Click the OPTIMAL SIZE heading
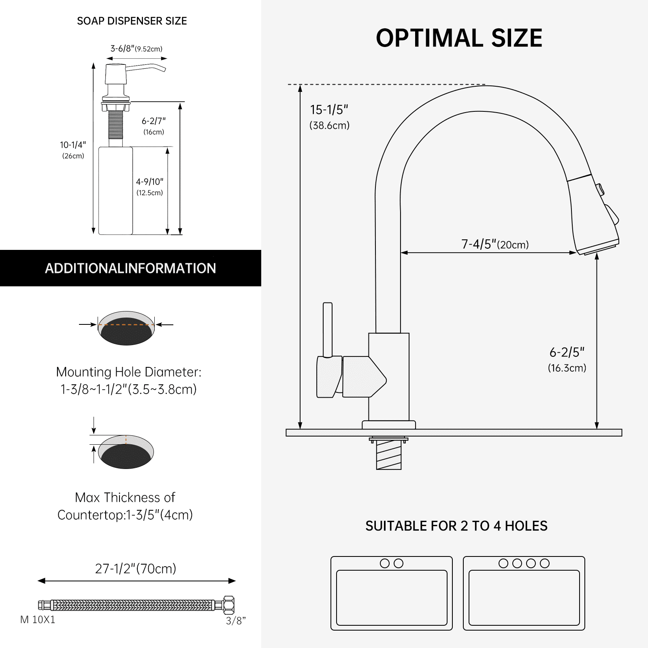click(x=459, y=38)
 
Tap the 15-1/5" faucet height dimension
click(x=329, y=110)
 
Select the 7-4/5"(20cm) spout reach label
click(x=495, y=244)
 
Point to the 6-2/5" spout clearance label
click(x=567, y=352)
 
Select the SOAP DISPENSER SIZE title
click(x=132, y=21)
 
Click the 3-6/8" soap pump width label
click(x=136, y=49)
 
